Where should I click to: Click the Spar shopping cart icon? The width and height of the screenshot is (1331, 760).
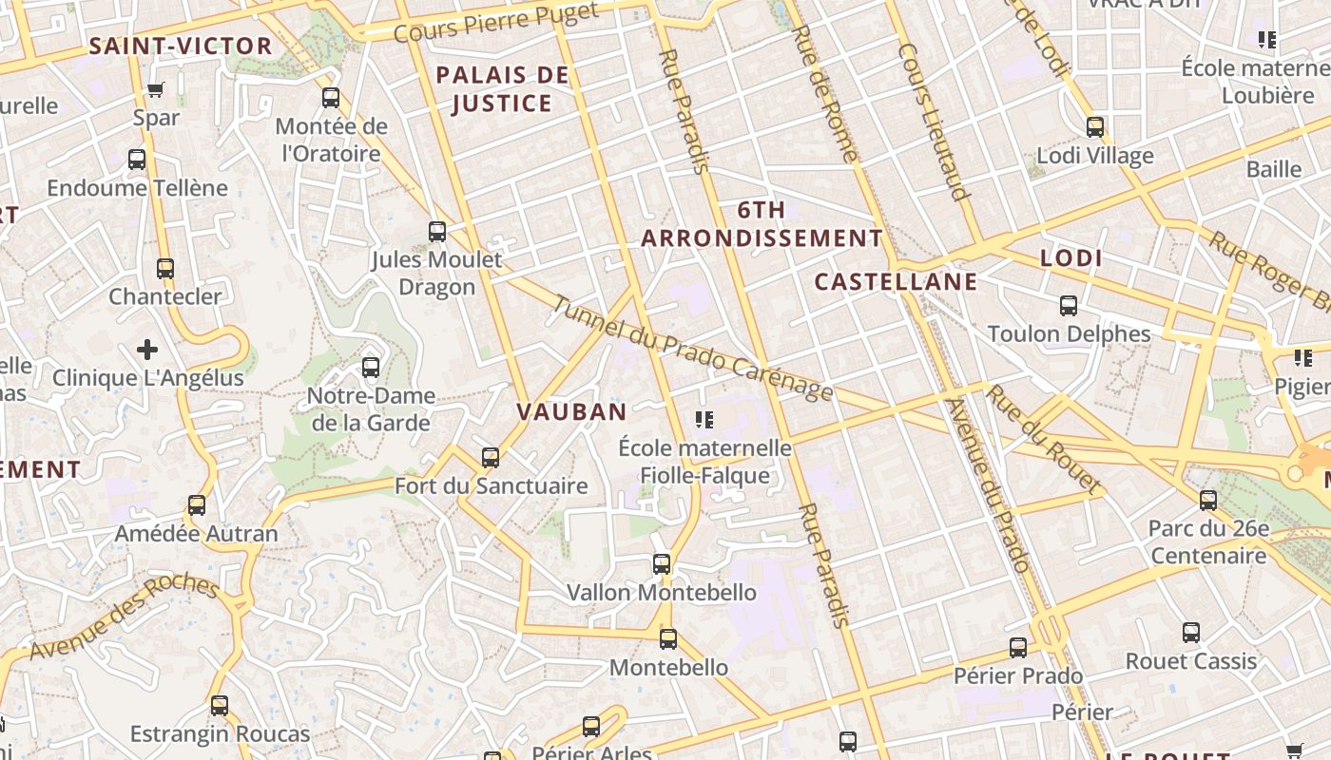pyautogui.click(x=156, y=90)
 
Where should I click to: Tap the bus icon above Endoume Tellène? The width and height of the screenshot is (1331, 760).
pyautogui.click(x=137, y=160)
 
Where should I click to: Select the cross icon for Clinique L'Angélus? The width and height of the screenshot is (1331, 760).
pyautogui.click(x=147, y=350)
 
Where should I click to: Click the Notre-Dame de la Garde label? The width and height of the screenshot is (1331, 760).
pyautogui.click(x=371, y=409)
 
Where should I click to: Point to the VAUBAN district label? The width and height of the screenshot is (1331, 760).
pyautogui.click(x=571, y=411)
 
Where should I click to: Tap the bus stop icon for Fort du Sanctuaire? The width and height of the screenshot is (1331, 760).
pyautogui.click(x=491, y=458)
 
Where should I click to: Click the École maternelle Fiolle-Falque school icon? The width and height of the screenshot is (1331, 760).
pyautogui.click(x=704, y=419)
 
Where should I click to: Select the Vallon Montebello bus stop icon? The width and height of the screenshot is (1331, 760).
pyautogui.click(x=662, y=564)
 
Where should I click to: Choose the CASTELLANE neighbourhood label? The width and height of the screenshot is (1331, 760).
pyautogui.click(x=896, y=281)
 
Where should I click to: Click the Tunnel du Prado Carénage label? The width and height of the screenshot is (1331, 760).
pyautogui.click(x=692, y=349)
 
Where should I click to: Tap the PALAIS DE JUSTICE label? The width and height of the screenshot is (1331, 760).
pyautogui.click(x=502, y=89)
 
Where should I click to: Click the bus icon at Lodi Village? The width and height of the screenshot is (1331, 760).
pyautogui.click(x=1095, y=127)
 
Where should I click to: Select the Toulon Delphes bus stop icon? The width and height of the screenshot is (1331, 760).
pyautogui.click(x=1069, y=306)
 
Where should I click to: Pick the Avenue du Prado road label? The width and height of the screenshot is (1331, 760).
pyautogui.click(x=989, y=484)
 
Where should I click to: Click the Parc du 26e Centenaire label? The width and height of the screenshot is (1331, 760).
pyautogui.click(x=1208, y=541)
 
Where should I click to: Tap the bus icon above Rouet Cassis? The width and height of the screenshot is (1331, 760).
pyautogui.click(x=1191, y=633)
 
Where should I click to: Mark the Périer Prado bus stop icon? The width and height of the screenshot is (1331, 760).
pyautogui.click(x=1018, y=648)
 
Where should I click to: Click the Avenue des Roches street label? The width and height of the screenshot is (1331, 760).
pyautogui.click(x=124, y=617)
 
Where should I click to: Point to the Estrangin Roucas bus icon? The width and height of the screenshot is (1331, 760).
pyautogui.click(x=220, y=706)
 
